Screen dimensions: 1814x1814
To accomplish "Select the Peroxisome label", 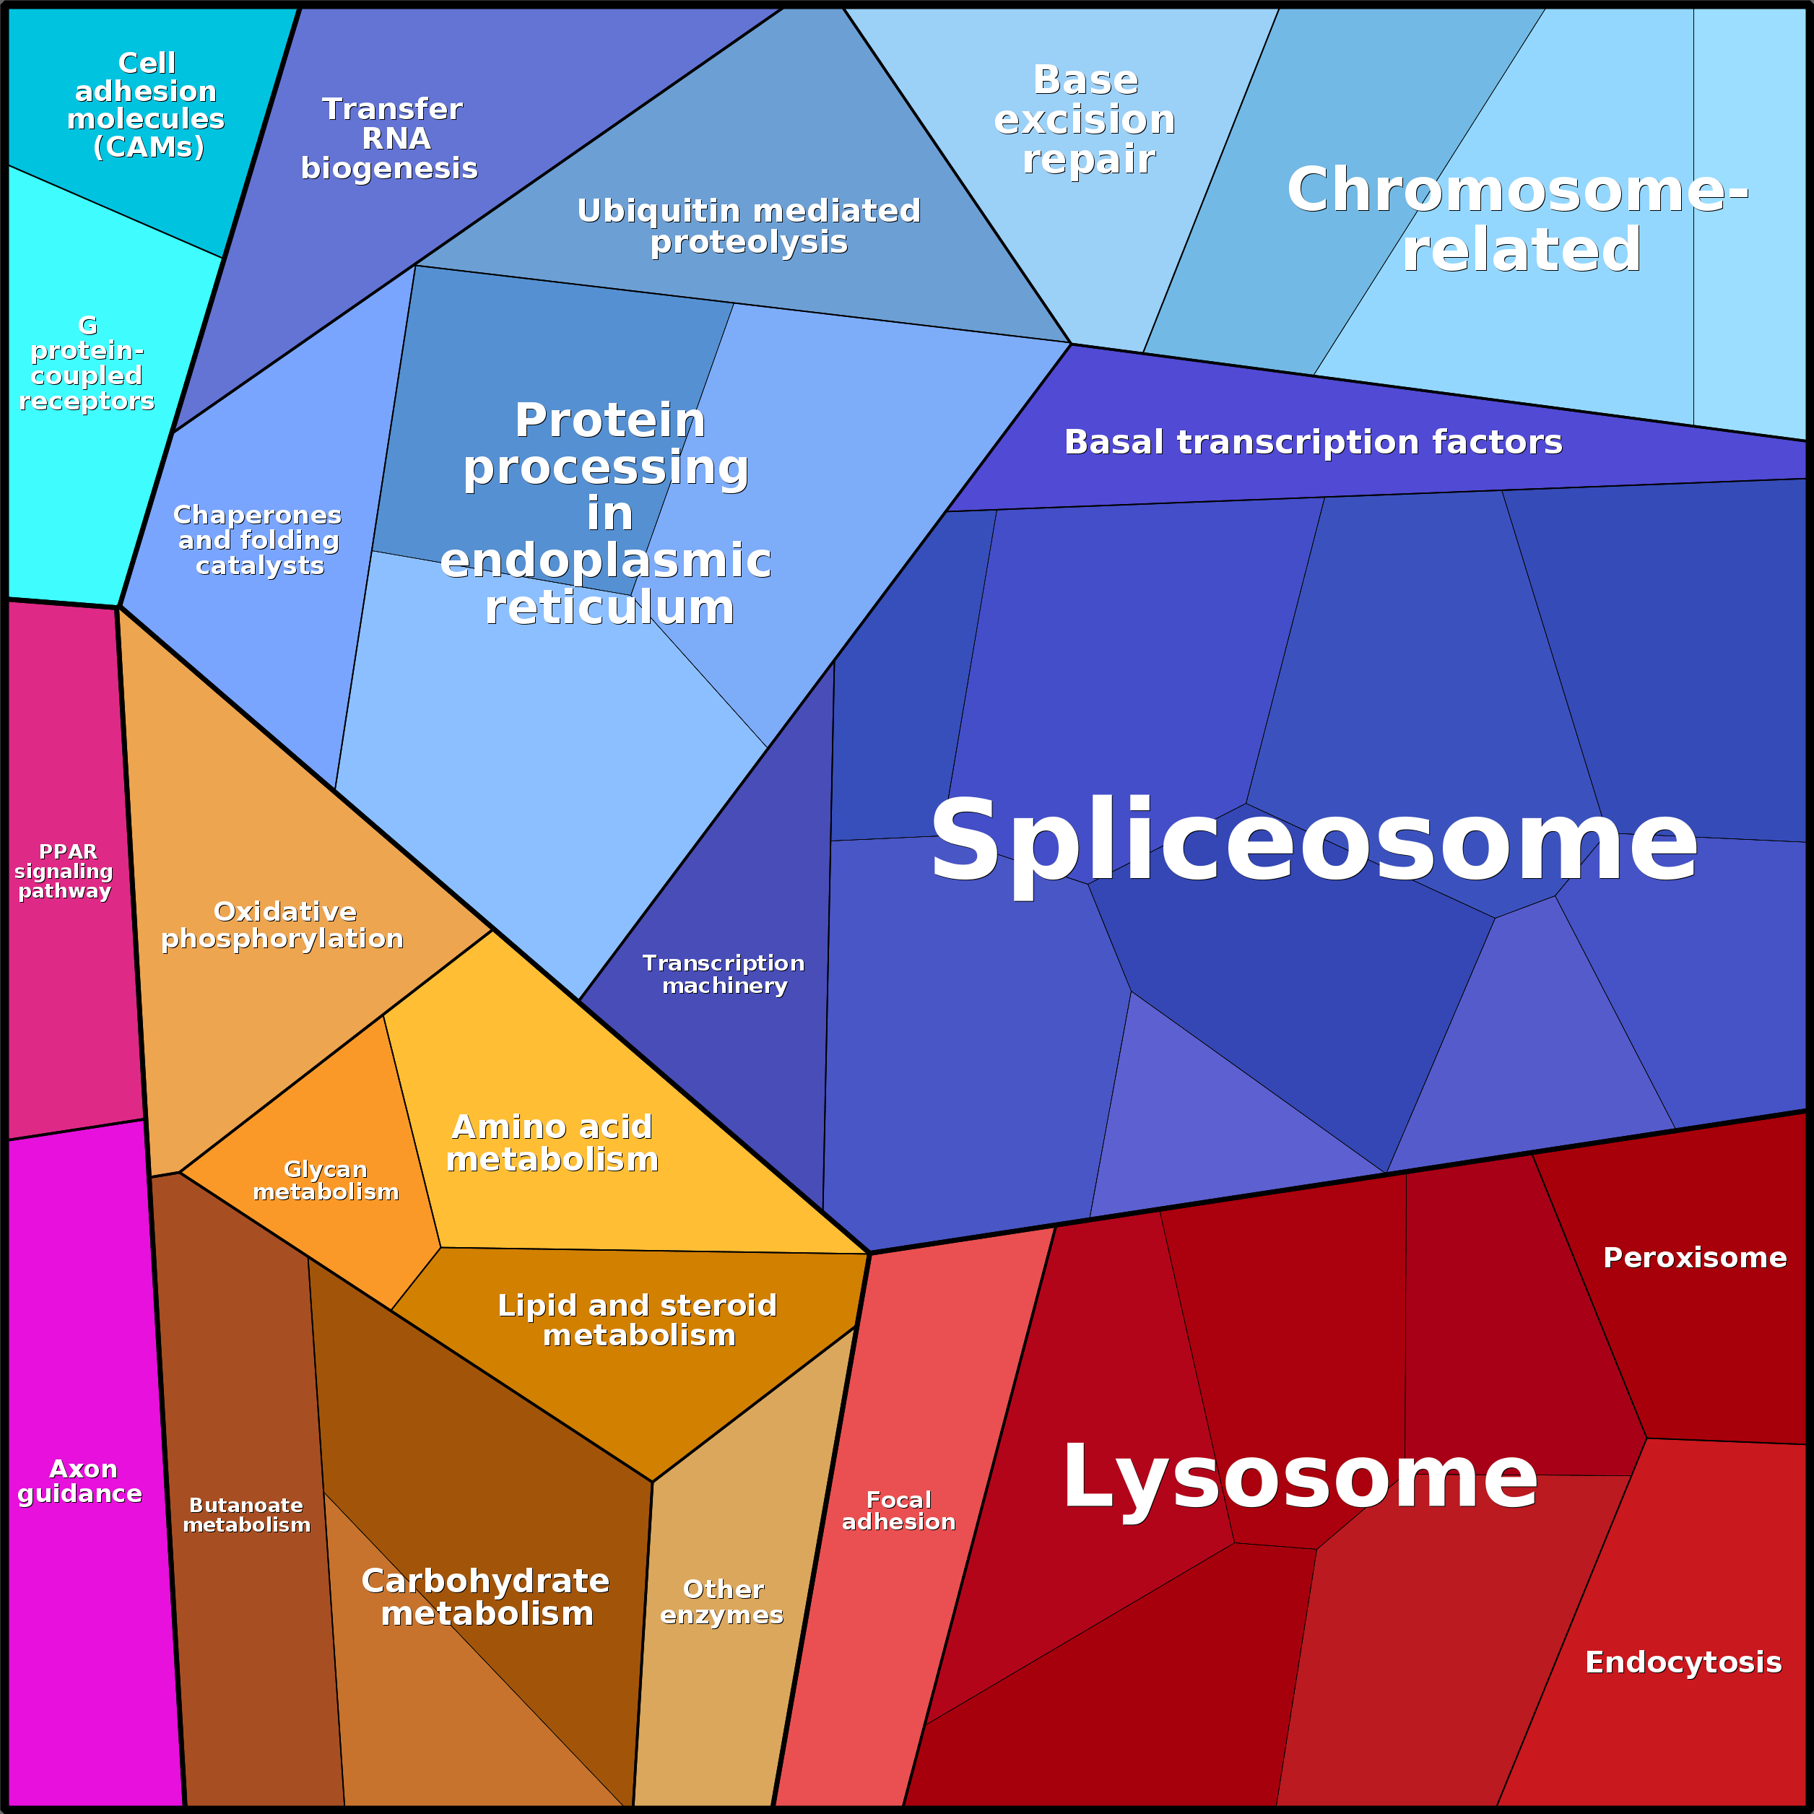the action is [1695, 1257].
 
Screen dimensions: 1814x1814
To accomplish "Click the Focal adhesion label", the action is [898, 1511].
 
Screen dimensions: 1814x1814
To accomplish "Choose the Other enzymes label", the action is [722, 1602].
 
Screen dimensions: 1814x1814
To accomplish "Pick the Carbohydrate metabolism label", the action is [485, 1597].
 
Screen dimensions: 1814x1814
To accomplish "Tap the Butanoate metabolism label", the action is [246, 1516].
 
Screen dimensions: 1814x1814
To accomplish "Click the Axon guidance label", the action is [81, 1482].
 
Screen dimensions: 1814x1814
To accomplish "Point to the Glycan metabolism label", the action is [326, 1180].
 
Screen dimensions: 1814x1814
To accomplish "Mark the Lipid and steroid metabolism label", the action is [638, 1320].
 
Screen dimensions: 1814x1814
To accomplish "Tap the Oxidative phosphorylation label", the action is [282, 925].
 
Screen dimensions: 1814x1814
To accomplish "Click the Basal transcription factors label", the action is [1313, 441].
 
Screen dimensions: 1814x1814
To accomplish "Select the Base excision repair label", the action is [1085, 120].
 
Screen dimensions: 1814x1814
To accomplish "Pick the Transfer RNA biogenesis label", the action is [390, 138].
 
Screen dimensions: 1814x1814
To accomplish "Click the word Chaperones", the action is [257, 516].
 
